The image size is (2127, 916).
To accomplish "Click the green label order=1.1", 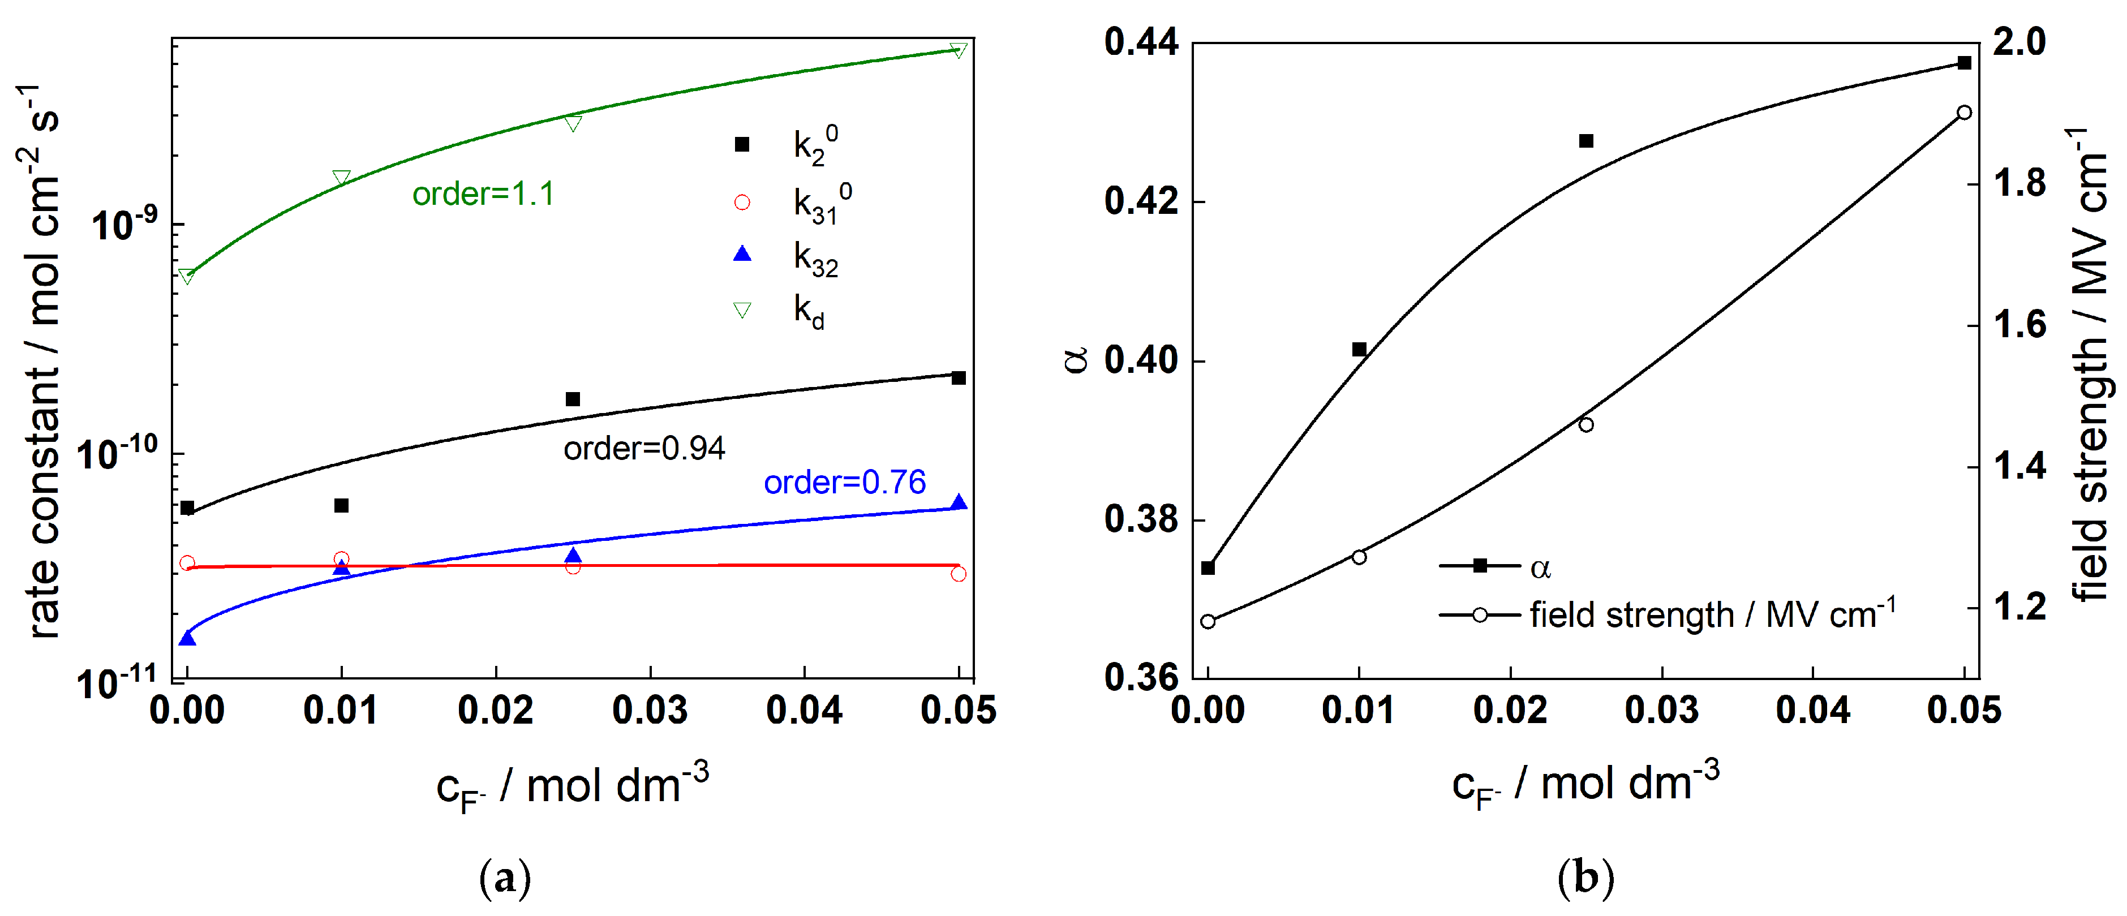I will (483, 194).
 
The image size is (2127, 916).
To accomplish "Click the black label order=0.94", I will (644, 449).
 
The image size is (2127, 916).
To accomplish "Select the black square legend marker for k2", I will (741, 144).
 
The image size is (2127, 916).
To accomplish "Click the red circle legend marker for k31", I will (741, 203).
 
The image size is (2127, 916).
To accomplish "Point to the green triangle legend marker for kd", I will (741, 309).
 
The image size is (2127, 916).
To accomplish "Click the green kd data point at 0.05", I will (958, 50).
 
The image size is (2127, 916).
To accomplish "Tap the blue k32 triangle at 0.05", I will (958, 502).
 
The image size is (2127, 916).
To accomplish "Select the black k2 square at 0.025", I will (572, 399).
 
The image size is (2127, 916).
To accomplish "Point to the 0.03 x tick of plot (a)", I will (650, 710).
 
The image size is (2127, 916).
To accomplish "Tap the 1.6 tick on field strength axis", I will (2019, 325).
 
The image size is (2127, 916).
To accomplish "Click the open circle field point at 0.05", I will (1965, 113).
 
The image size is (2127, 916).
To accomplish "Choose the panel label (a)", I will (505, 879).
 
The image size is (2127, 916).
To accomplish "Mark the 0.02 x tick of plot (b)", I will (1510, 710).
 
